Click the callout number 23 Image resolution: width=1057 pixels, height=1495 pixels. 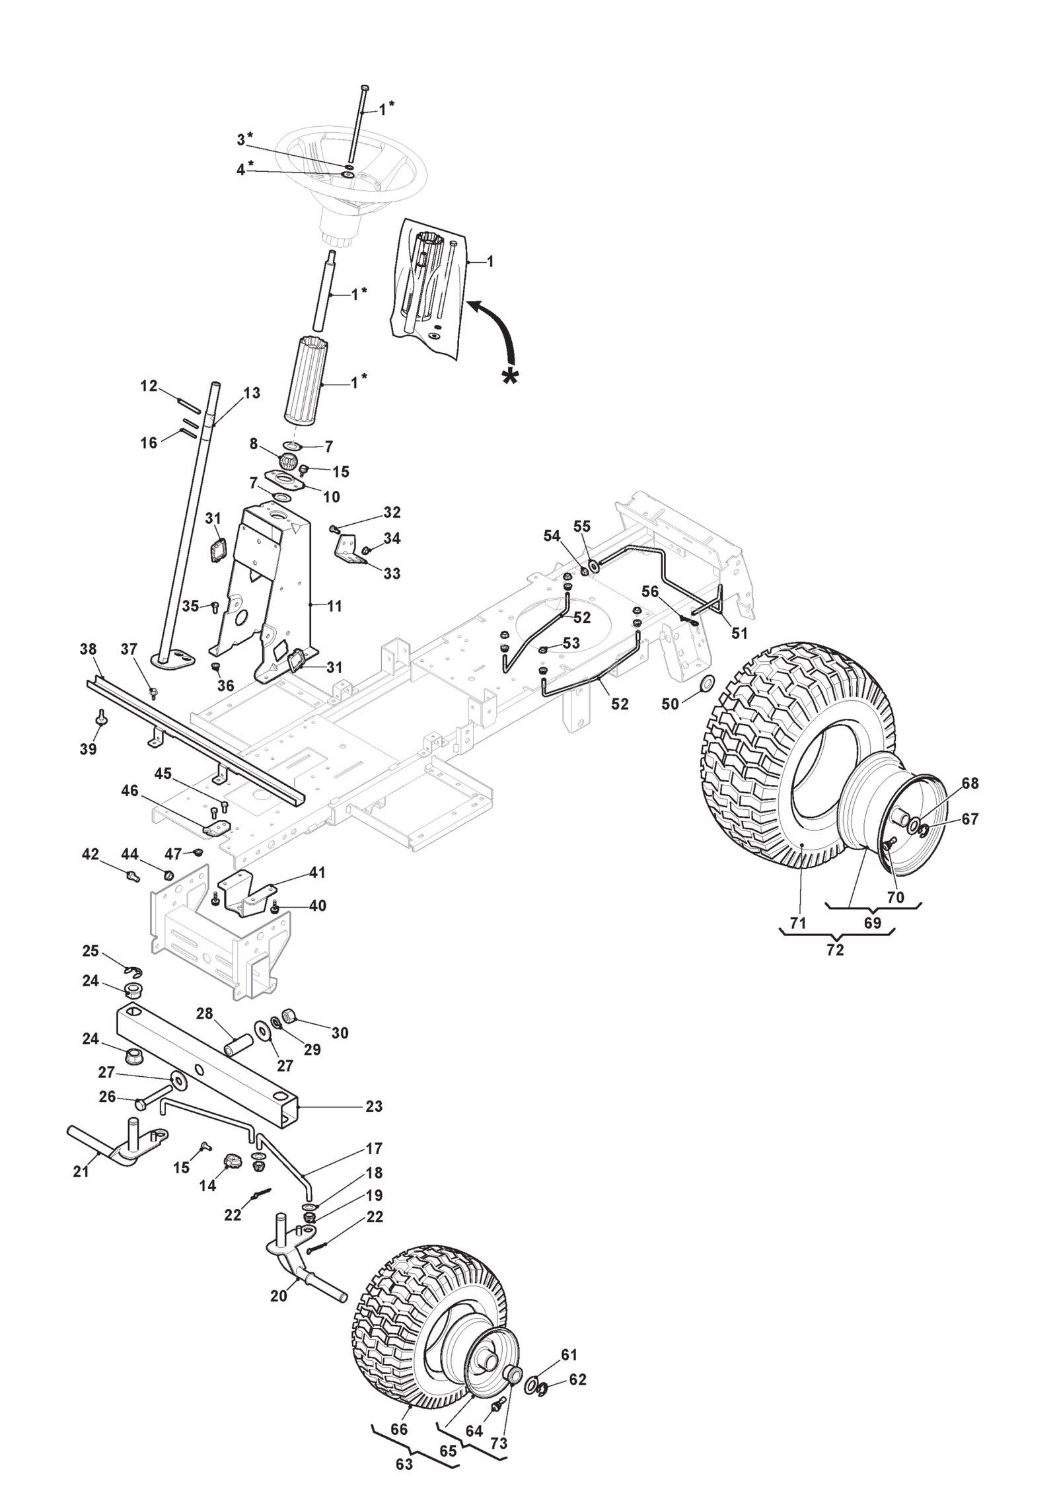(374, 1107)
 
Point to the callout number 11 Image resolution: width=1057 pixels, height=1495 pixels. (335, 606)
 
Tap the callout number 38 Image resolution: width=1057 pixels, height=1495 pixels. (88, 649)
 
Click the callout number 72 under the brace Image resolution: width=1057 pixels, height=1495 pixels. (835, 950)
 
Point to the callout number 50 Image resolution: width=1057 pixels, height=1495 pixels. (670, 704)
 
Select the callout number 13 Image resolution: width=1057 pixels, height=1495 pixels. (252, 393)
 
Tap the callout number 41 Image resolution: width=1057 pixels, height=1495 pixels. (317, 873)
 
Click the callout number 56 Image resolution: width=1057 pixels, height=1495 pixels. (650, 591)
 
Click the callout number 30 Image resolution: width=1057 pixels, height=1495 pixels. (340, 1033)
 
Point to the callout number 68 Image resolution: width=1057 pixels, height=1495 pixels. (970, 784)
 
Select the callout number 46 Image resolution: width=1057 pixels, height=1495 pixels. (129, 790)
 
